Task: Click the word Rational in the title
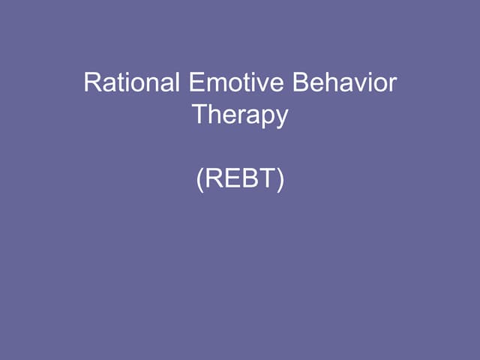(x=131, y=82)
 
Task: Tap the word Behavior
(x=344, y=82)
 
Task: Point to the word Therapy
(x=240, y=115)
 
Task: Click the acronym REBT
(x=240, y=181)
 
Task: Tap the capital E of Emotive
(x=193, y=82)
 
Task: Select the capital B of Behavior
(x=301, y=82)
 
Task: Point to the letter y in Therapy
(x=281, y=118)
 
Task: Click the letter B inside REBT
(x=248, y=181)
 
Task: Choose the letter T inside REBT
(x=266, y=181)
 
